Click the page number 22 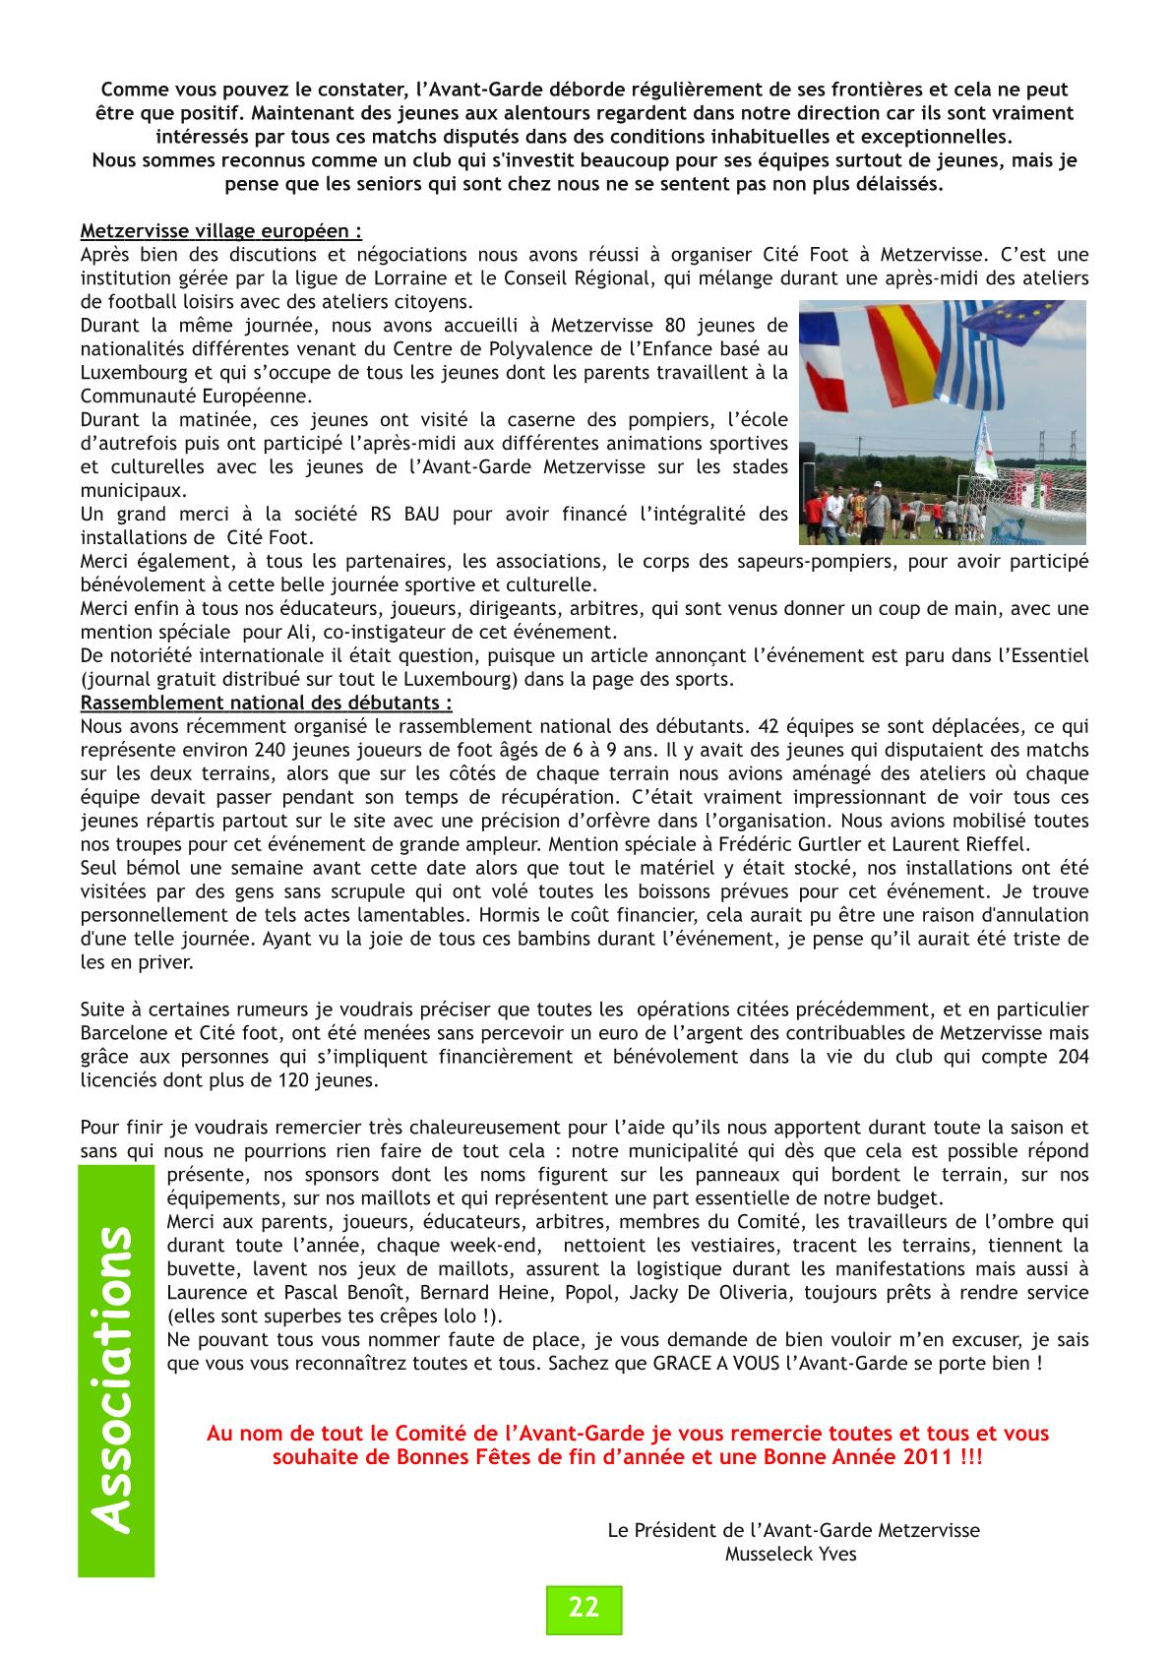[584, 1608]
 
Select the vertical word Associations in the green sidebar [115, 1379]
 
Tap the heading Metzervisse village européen [220, 231]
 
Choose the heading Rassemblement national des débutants [266, 703]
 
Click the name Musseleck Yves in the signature [791, 1554]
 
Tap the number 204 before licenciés [1073, 1057]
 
